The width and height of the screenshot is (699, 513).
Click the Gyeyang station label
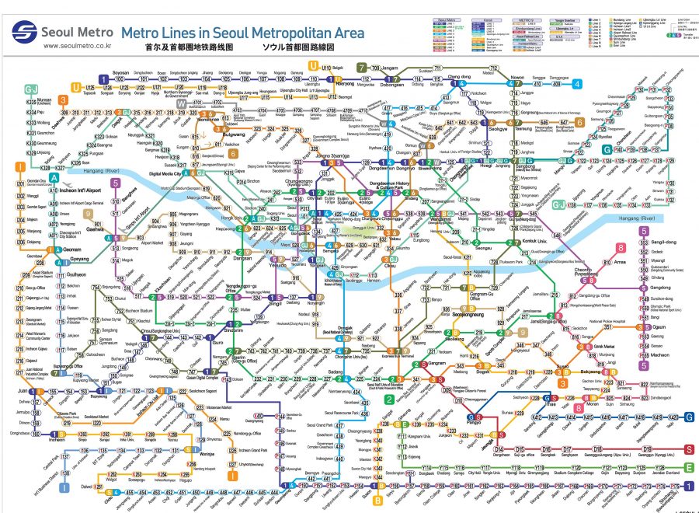[x=78, y=256]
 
